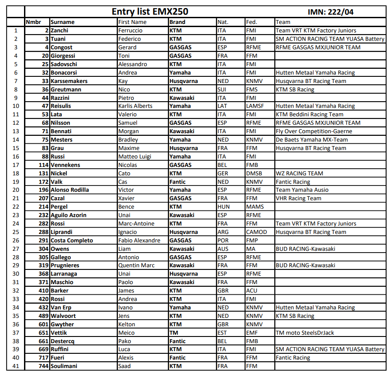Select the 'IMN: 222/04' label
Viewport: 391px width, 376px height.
[331, 12]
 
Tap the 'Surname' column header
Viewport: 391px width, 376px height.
[63, 22]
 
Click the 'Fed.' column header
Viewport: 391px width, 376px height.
[251, 22]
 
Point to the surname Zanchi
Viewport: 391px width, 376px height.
[60, 31]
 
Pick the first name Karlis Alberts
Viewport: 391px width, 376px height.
[135, 106]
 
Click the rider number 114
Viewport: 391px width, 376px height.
[44, 165]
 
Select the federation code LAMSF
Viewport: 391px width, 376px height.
[255, 106]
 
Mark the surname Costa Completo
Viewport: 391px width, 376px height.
[72, 240]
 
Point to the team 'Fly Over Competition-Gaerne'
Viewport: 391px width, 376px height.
[314, 131]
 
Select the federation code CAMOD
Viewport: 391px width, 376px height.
[257, 232]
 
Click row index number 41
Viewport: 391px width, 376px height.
[16, 366]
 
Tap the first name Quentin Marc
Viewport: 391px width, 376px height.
[136, 265]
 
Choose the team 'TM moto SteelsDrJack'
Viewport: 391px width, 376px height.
[305, 332]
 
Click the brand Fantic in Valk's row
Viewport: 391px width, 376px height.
[178, 182]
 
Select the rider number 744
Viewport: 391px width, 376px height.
[44, 366]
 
